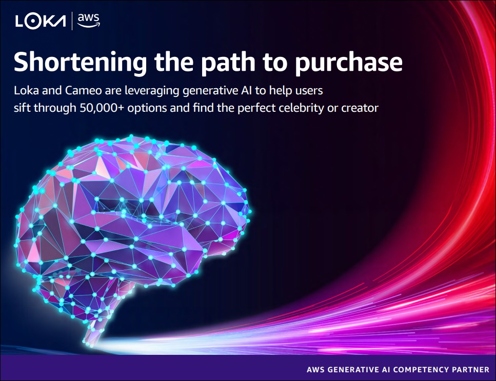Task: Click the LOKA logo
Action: (x=41, y=22)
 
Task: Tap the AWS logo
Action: (x=89, y=21)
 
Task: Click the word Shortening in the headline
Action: (x=81, y=63)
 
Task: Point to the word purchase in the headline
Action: (x=349, y=63)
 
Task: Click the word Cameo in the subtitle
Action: (x=84, y=91)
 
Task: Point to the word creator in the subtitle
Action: (x=360, y=108)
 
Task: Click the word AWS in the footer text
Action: (x=315, y=370)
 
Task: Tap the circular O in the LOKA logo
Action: (x=33, y=22)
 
